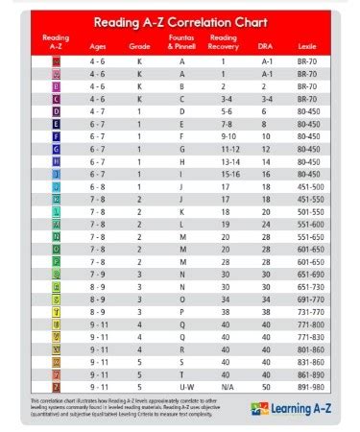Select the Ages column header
[99, 43]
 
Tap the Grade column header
[139, 43]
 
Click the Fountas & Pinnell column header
[182, 42]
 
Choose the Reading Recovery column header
[223, 40]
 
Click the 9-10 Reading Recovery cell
[223, 135]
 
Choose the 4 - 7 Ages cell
[99, 110]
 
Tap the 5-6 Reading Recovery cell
[223, 110]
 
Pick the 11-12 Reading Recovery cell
[223, 148]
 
